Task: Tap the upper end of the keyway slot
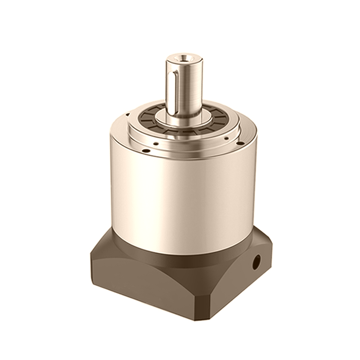coord(175,72)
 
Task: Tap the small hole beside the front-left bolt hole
coord(156,144)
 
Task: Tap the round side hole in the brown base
coord(256,262)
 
